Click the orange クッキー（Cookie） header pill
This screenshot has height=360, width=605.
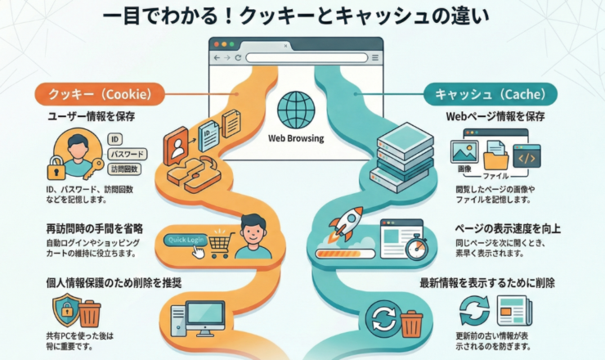(x=97, y=94)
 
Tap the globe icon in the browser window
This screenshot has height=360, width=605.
(x=294, y=110)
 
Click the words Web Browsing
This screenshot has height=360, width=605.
(x=296, y=138)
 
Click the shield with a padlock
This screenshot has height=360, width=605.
(x=65, y=312)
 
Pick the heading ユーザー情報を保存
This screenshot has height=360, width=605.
(x=91, y=117)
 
